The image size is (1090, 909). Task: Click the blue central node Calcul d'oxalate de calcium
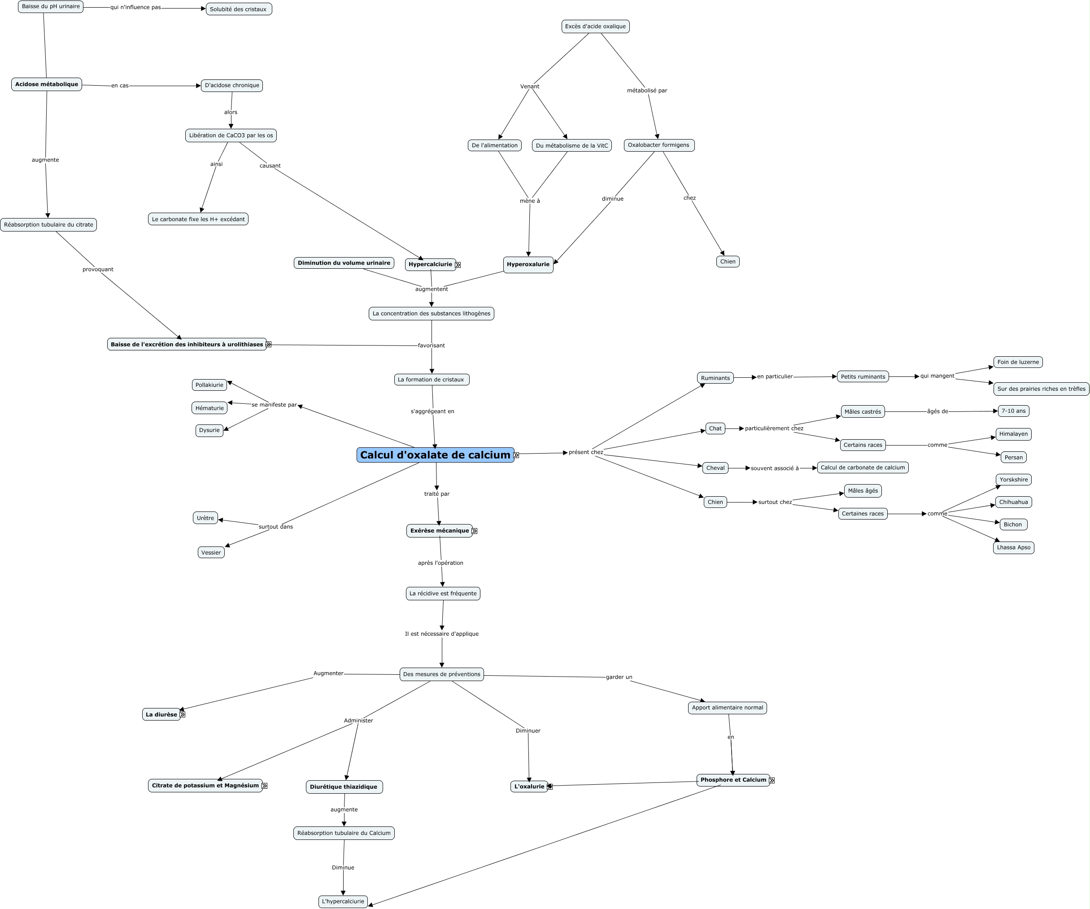[435, 455]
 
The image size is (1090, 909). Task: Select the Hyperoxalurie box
[528, 264]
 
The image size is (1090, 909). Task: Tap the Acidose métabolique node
[47, 84]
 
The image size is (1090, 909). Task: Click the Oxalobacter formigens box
[658, 145]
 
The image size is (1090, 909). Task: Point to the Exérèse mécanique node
[439, 531]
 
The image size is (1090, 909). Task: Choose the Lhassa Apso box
[1013, 547]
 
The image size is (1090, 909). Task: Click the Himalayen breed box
[1013, 434]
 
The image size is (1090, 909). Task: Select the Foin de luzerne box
[1018, 362]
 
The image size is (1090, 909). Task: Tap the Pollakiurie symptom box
[209, 385]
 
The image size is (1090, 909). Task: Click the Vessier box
[211, 552]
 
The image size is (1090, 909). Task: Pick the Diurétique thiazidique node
[344, 787]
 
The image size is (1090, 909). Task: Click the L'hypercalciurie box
[343, 901]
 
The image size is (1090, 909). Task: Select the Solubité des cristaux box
[238, 9]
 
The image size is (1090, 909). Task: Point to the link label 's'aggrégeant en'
[432, 411]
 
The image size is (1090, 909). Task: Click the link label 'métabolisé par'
[647, 90]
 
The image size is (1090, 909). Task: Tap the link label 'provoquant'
[98, 270]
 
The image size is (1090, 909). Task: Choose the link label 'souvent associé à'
[774, 468]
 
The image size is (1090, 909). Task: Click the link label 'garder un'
[619, 677]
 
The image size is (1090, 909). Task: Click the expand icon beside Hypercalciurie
[458, 265]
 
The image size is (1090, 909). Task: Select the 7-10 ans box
[1013, 411]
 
